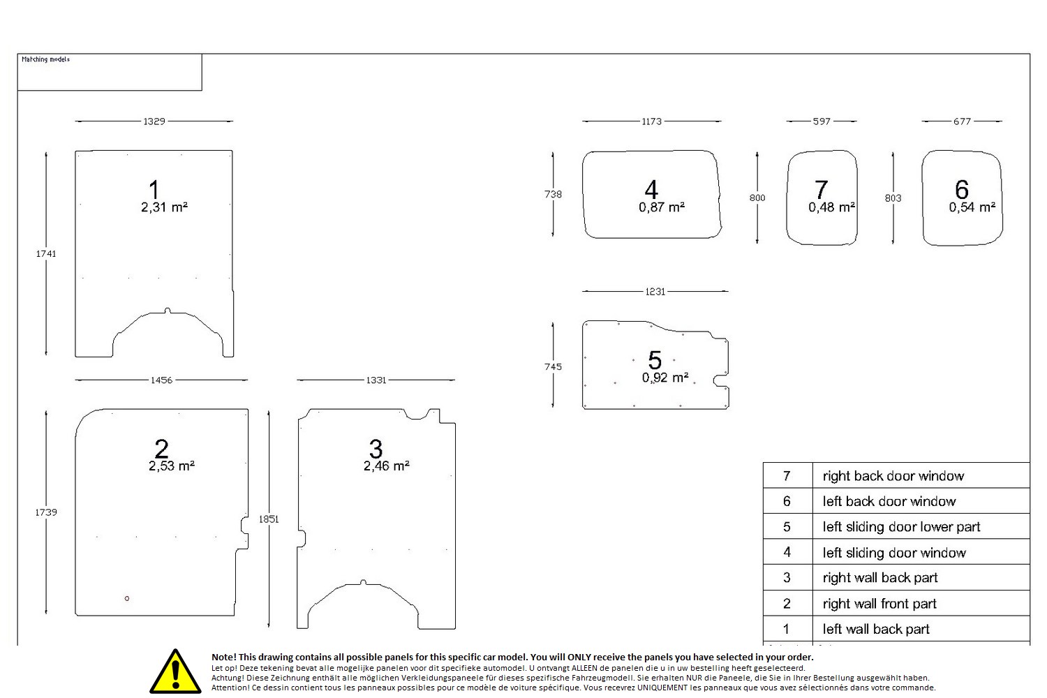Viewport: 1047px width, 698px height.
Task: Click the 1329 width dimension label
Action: pos(154,121)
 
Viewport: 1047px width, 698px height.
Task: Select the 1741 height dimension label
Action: pos(46,254)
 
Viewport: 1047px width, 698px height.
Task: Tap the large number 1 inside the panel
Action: pos(154,189)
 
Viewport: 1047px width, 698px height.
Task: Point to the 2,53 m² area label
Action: pos(171,466)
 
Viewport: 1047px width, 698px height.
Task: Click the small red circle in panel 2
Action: pos(127,598)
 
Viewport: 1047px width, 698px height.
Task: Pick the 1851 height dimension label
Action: pos(269,519)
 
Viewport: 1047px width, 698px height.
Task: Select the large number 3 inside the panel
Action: pos(376,448)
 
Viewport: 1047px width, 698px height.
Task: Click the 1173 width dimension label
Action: pos(651,121)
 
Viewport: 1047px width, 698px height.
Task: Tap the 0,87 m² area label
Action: pos(661,207)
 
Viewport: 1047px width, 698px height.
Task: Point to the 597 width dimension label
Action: pos(822,121)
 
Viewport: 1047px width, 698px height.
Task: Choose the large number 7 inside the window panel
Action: pos(822,189)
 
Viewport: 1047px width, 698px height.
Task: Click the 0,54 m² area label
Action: pos(972,207)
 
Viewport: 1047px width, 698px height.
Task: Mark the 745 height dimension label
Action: pos(553,366)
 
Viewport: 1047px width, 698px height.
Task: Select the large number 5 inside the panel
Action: pos(655,360)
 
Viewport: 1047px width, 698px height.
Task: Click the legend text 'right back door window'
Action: pos(893,476)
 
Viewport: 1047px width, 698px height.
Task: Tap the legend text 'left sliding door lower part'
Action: pos(901,527)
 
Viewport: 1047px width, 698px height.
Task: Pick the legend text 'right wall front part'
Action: pos(879,604)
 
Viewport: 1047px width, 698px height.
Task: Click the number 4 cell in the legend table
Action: pos(787,552)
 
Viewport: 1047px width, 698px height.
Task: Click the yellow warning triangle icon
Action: pos(175,672)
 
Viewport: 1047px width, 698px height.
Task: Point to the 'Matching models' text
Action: pos(45,60)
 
